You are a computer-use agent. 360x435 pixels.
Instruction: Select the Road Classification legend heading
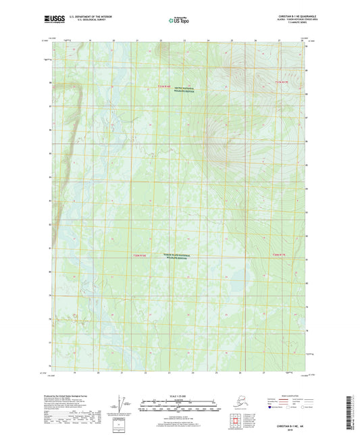(297, 392)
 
